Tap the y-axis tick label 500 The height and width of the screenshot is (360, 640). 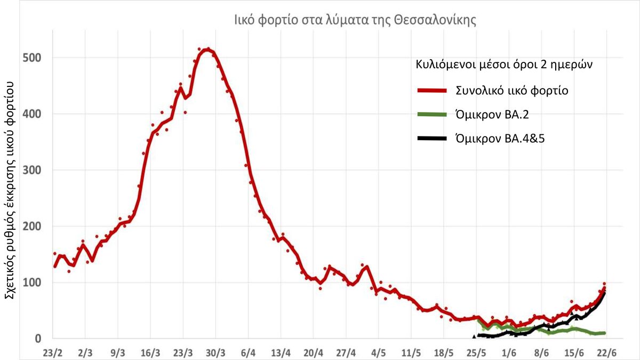(x=32, y=58)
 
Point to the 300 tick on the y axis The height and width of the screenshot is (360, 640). (x=32, y=170)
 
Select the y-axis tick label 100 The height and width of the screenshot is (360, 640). (x=32, y=283)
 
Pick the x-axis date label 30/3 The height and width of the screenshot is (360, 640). (x=216, y=353)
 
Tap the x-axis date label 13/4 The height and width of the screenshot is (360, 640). (x=281, y=353)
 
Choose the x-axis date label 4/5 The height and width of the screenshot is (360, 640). (x=378, y=353)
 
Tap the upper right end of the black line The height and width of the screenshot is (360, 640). (x=604, y=292)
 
